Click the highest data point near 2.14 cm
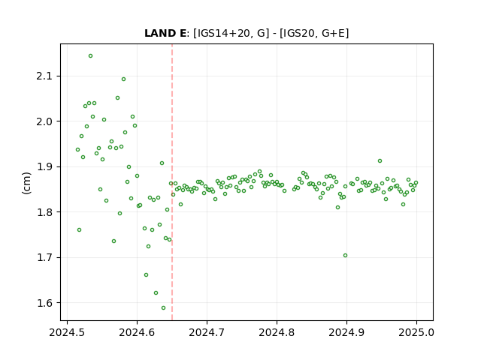90,56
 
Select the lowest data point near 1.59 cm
164,308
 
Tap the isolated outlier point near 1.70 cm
346,256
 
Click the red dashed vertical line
172,182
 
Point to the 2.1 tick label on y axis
44,76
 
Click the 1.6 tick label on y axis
44,303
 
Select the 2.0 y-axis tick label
44,121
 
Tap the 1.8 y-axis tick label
44,212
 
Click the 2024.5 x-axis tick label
67,332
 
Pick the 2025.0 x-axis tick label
416,332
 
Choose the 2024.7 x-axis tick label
207,332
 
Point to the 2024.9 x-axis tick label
346,332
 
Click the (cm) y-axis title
27,183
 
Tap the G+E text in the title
333,33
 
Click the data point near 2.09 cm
123,79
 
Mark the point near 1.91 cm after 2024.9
380,161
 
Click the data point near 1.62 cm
156,293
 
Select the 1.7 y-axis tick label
44,258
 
